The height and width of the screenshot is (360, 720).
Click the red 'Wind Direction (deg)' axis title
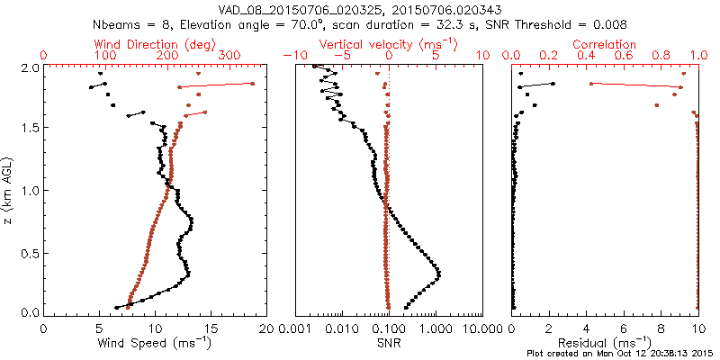tap(153, 44)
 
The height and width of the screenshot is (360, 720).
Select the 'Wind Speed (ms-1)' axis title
tap(155, 343)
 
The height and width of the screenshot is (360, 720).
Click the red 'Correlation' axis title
tap(606, 44)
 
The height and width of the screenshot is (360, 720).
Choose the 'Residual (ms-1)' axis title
tap(606, 343)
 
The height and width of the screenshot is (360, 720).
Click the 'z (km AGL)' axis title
tap(8, 189)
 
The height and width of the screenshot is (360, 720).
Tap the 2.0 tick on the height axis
tap(29, 67)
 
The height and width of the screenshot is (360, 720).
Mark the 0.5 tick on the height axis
tap(29, 251)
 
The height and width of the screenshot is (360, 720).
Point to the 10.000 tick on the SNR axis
tap(482, 328)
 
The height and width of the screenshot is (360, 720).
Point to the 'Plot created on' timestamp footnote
tap(622, 354)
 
